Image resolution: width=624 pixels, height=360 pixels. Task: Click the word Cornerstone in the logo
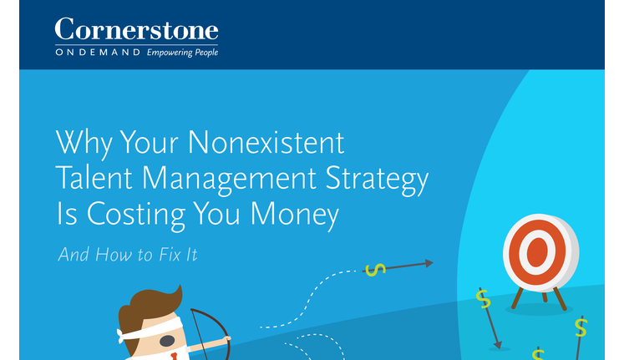click(136, 29)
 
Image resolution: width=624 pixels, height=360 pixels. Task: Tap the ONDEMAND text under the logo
click(98, 52)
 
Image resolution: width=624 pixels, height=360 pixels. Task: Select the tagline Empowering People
click(182, 53)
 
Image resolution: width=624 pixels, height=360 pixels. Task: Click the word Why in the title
click(84, 142)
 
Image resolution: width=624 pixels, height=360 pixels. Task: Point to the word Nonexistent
click(266, 142)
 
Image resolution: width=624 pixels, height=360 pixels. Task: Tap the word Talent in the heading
click(94, 177)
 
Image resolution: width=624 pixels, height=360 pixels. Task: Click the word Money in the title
click(295, 214)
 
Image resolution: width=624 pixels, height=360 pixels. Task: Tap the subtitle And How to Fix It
click(128, 255)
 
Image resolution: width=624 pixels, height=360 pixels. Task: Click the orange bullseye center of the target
click(537, 252)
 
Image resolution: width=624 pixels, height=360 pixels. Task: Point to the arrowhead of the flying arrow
click(429, 263)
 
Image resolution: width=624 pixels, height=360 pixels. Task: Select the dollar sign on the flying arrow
click(375, 270)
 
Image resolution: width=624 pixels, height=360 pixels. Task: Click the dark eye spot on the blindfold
click(167, 341)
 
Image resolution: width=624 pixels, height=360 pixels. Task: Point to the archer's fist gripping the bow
click(227, 339)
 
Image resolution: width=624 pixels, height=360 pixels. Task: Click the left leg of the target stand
click(517, 297)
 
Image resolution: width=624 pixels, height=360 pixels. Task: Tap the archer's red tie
click(174, 356)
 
